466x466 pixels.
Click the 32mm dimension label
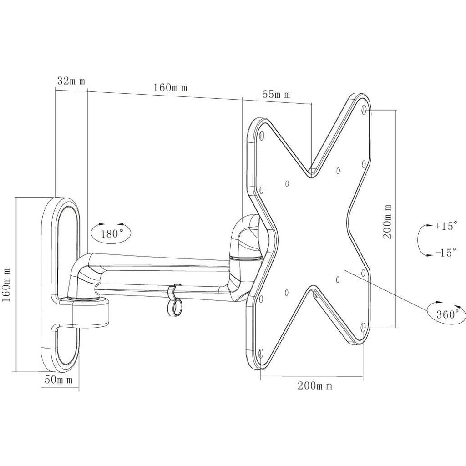[x=71, y=81]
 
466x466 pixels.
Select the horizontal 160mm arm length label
[x=170, y=87]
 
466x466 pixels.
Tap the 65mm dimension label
[x=276, y=95]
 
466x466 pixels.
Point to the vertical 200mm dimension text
[x=387, y=222]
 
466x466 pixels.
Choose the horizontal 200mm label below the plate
[x=315, y=386]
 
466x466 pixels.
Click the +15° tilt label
[x=445, y=226]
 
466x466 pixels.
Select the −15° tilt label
[x=445, y=253]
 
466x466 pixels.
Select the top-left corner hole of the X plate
[x=262, y=135]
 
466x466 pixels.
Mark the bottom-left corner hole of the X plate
[x=260, y=352]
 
